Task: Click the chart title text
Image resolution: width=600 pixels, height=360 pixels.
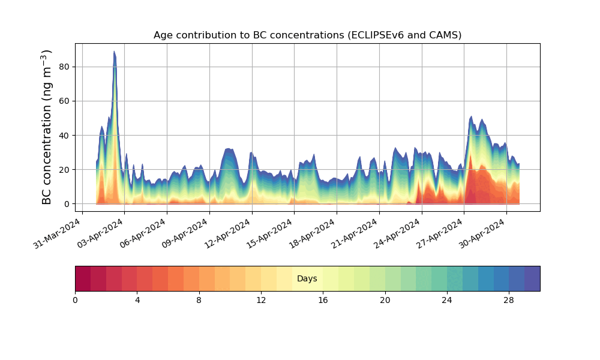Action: click(x=307, y=35)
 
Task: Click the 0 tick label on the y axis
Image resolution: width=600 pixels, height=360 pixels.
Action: click(x=67, y=204)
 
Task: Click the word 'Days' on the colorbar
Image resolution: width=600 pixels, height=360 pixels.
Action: click(x=307, y=279)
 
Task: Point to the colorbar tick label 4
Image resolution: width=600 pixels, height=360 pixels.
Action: click(x=137, y=300)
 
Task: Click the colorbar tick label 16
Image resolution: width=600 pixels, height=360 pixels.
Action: click(x=323, y=300)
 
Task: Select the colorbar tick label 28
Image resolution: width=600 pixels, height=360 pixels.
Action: click(x=509, y=300)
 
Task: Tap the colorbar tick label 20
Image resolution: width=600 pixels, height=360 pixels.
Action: click(x=385, y=300)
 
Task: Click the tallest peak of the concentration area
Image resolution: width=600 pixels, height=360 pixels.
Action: click(x=114, y=52)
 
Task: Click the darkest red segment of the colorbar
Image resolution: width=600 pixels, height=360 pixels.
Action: click(x=83, y=278)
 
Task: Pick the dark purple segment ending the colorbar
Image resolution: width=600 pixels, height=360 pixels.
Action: click(x=532, y=278)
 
